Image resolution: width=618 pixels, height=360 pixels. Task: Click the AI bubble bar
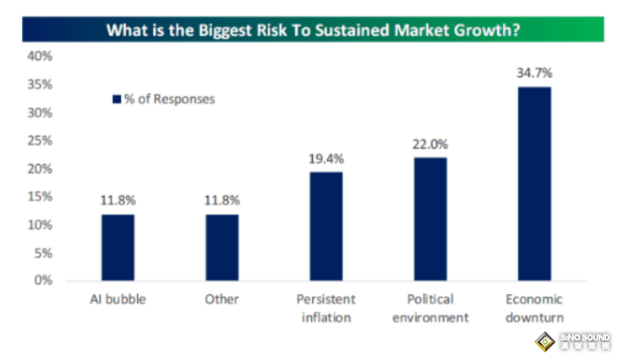click(x=118, y=248)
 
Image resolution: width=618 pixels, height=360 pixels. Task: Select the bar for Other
click(x=222, y=248)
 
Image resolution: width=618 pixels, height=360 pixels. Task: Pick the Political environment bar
click(x=430, y=219)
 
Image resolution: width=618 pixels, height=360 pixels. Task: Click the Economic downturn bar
click(x=534, y=183)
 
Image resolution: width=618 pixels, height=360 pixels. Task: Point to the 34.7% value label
click(x=534, y=74)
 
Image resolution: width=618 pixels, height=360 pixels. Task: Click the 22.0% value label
click(x=430, y=145)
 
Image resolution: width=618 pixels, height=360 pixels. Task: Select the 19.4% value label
click(x=326, y=159)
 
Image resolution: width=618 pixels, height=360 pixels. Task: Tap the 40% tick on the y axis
click(x=41, y=57)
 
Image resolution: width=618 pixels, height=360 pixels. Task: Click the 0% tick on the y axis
click(x=44, y=281)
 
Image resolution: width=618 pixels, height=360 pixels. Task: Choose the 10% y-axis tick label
click(x=41, y=225)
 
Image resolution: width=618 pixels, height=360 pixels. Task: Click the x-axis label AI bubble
click(x=118, y=299)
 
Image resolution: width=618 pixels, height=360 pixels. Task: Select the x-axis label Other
click(x=222, y=299)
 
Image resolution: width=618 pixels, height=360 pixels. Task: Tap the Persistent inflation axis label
click(x=326, y=308)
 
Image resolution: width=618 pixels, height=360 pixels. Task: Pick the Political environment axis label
click(x=430, y=308)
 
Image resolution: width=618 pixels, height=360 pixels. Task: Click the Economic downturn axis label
click(x=534, y=308)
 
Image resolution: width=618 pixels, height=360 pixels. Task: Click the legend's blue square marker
click(x=117, y=100)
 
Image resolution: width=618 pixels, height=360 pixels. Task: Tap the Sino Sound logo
click(x=574, y=341)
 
